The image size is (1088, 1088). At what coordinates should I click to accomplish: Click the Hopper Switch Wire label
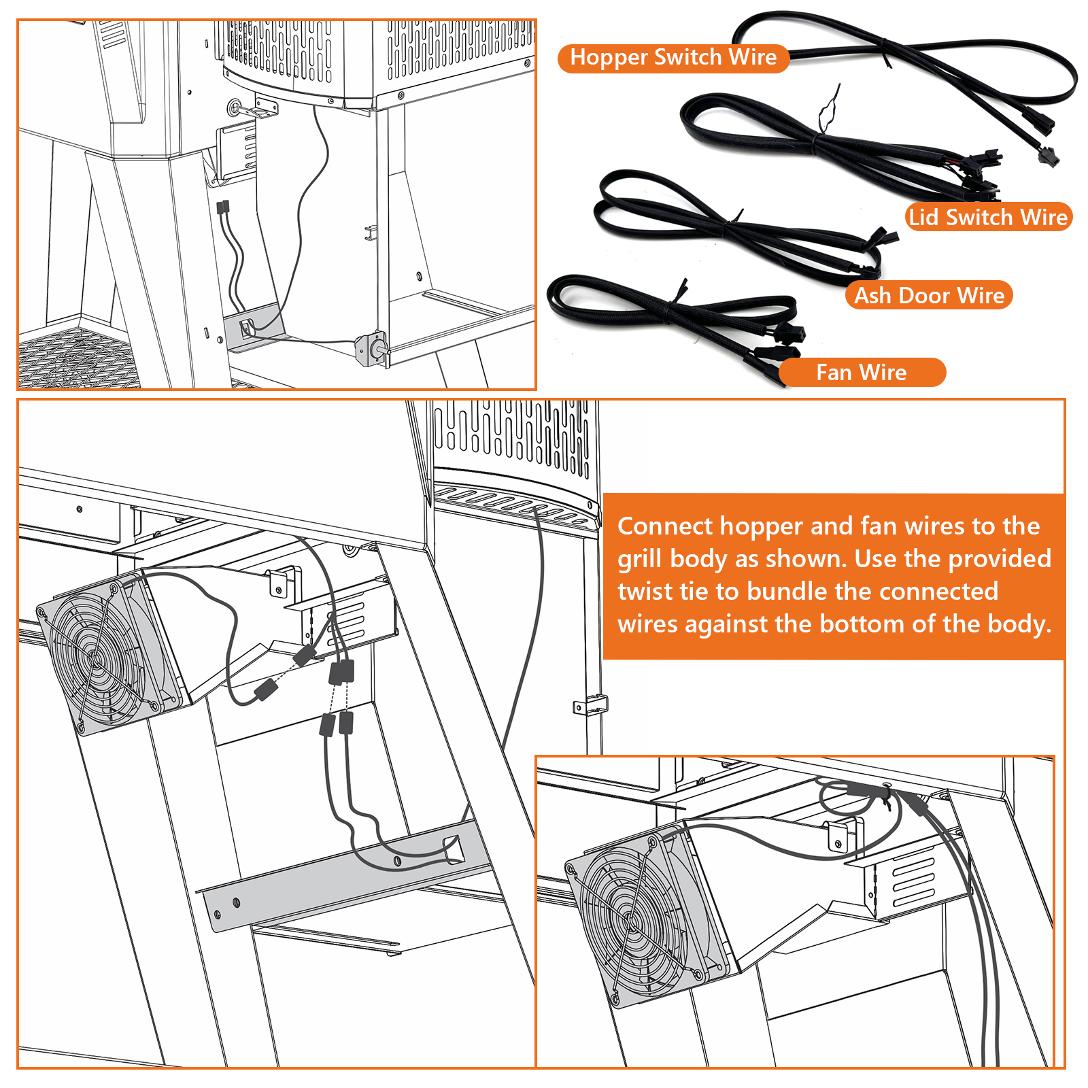[673, 58]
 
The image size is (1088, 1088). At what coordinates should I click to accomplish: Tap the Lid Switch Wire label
[988, 217]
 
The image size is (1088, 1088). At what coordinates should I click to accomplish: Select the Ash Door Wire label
[929, 295]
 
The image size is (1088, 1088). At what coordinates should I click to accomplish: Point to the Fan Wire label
[861, 373]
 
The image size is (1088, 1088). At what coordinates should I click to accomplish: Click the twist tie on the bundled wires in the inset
[885, 794]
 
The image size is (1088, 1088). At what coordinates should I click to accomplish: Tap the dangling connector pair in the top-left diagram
[223, 207]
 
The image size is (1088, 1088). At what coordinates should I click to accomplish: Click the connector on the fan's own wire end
[266, 691]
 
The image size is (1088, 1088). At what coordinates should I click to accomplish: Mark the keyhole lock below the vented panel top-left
[235, 107]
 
